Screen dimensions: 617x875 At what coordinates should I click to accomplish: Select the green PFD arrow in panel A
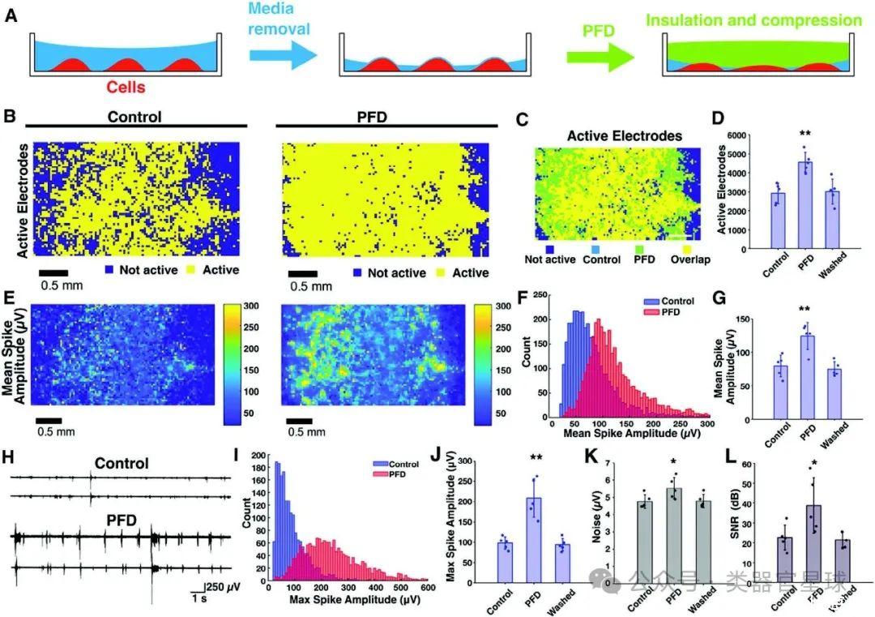tap(599, 57)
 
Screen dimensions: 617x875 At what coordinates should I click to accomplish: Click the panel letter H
tap(9, 456)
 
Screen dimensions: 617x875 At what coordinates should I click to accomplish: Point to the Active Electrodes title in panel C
tap(612, 135)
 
